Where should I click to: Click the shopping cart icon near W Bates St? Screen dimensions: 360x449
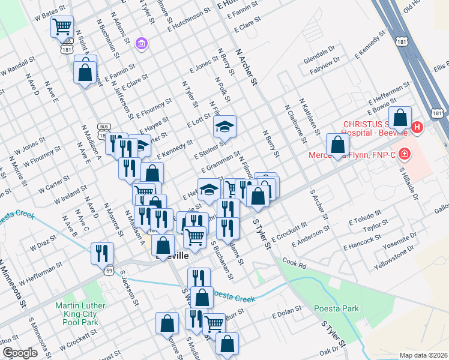62,27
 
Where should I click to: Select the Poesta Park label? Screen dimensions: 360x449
336,309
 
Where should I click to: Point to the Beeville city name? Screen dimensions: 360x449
172,256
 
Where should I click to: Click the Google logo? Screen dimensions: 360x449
20,353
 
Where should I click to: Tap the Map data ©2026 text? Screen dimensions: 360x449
423,355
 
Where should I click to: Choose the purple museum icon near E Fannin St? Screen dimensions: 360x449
142,43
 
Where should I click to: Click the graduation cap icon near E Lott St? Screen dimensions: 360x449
225,127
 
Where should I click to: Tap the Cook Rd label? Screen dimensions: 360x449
294,263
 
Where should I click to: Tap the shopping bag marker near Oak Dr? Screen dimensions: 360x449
227,344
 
